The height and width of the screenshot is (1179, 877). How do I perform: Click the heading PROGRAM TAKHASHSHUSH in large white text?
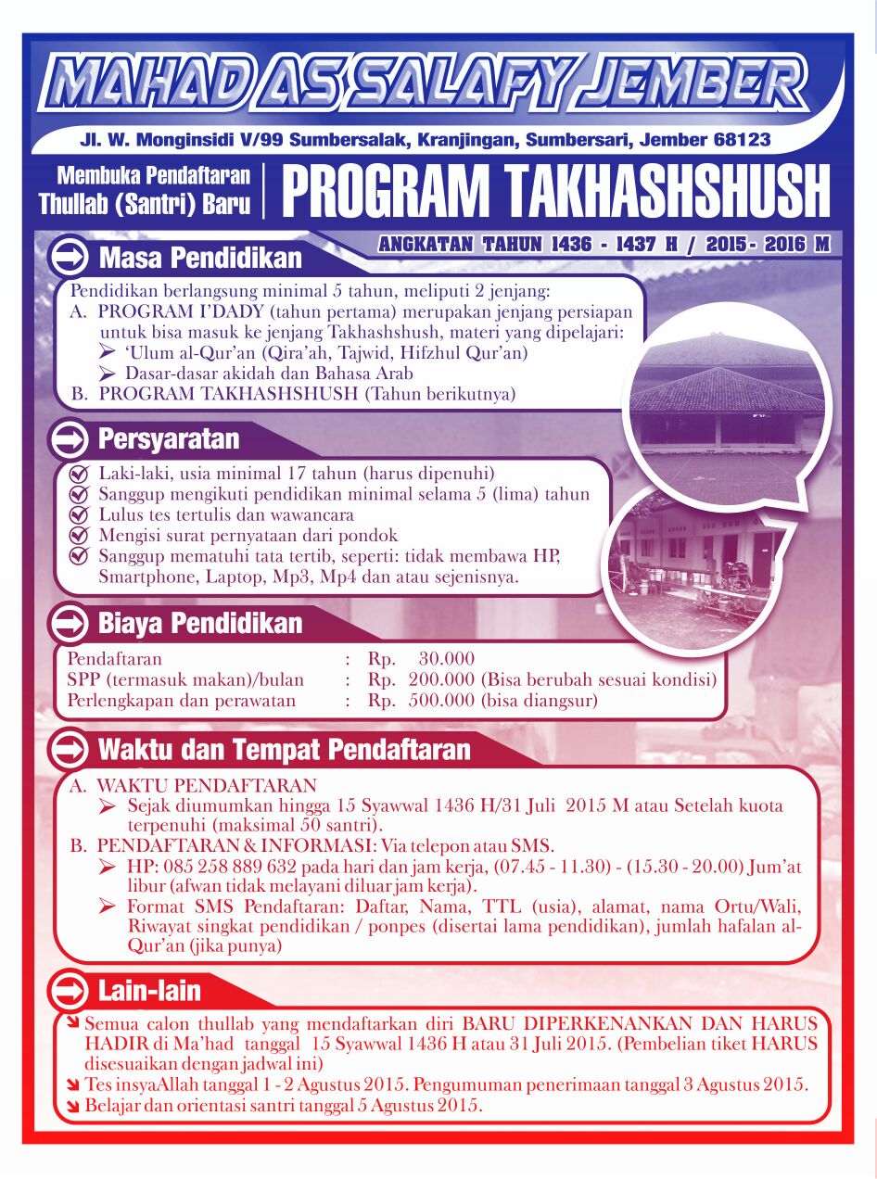(x=555, y=192)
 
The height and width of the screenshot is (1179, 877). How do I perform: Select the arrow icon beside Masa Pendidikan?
(x=68, y=257)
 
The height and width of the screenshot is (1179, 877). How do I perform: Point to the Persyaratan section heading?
(x=169, y=437)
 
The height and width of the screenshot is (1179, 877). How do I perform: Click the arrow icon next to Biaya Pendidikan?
(x=68, y=624)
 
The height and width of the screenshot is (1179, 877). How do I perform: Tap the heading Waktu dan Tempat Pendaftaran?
(x=285, y=748)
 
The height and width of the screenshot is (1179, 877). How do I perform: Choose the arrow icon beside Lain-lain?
(x=68, y=991)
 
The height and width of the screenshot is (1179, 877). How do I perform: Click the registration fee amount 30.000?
(x=446, y=659)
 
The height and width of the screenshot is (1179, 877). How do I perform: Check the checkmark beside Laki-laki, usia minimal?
(x=79, y=475)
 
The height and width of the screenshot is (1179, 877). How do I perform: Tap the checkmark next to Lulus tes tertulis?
(x=79, y=515)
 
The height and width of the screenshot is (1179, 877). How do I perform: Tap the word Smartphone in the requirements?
(x=140, y=577)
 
